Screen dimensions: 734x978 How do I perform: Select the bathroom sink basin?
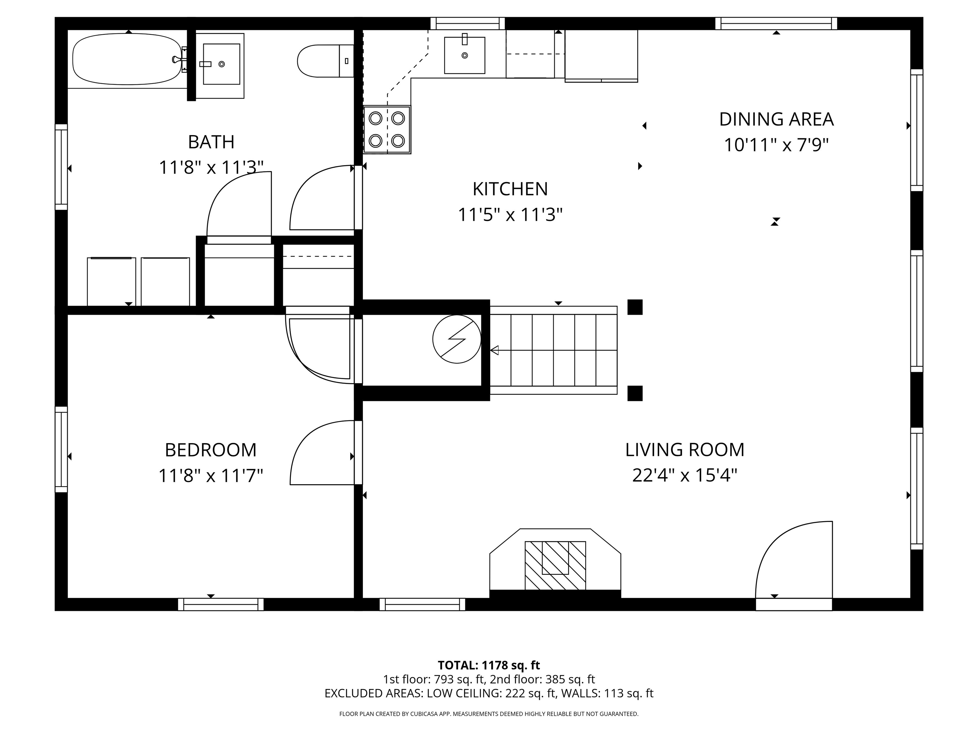point(221,64)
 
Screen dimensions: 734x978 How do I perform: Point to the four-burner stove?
point(387,130)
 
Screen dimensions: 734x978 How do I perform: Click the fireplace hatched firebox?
point(555,565)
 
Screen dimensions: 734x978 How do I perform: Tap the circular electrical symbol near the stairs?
point(456,339)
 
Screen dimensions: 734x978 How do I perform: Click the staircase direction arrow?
point(495,350)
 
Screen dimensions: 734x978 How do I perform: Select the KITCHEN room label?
point(510,189)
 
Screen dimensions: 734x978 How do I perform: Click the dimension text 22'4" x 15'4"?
point(684,476)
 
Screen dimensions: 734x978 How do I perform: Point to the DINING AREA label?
point(776,119)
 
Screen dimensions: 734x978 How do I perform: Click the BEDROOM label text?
point(210,450)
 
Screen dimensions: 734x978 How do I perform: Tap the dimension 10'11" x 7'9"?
point(776,145)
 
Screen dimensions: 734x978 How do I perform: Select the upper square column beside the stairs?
point(635,306)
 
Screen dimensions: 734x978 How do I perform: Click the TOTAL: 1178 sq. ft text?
point(489,665)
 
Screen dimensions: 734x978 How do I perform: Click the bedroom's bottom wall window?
point(221,604)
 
